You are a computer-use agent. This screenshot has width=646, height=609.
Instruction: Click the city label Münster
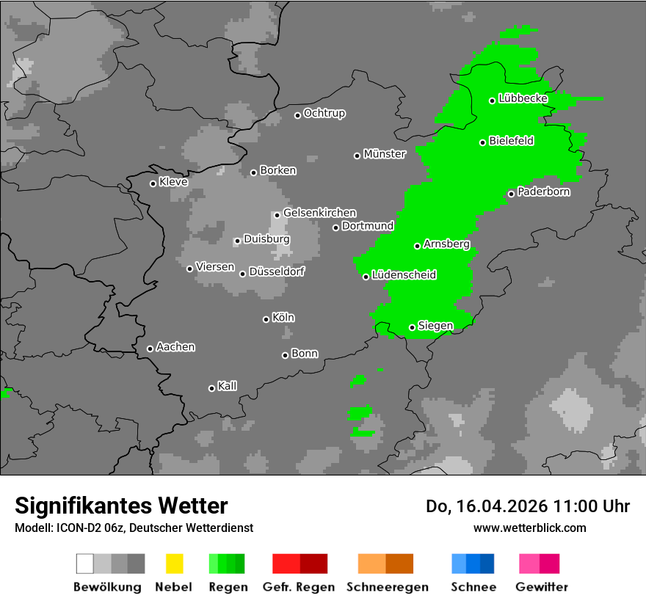click(x=385, y=154)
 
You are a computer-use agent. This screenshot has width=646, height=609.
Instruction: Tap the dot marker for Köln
click(x=266, y=319)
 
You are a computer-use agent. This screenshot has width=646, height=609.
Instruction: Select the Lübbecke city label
click(x=523, y=98)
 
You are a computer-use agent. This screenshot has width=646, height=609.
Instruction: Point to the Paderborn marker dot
click(x=511, y=194)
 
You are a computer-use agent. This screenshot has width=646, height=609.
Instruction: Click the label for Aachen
click(x=175, y=347)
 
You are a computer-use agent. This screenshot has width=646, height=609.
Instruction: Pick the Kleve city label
click(x=173, y=182)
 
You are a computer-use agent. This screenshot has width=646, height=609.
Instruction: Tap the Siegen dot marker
click(x=412, y=327)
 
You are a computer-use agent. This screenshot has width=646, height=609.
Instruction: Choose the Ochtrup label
click(x=324, y=114)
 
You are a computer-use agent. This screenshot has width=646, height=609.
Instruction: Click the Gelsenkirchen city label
click(x=319, y=213)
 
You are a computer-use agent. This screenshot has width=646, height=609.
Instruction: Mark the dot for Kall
click(x=211, y=388)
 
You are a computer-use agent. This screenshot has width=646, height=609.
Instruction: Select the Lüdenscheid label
click(x=404, y=275)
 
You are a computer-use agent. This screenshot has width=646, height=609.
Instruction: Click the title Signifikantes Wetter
click(x=121, y=506)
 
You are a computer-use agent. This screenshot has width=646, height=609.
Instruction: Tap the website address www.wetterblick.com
click(x=530, y=528)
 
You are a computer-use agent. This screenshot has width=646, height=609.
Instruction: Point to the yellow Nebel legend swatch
click(x=174, y=564)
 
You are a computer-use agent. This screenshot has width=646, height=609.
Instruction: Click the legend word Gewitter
click(x=542, y=587)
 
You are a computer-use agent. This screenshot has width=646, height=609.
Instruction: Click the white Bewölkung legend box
click(x=85, y=564)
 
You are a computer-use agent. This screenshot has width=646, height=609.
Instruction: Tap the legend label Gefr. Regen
click(x=299, y=587)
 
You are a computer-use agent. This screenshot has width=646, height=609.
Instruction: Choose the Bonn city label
click(x=305, y=354)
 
